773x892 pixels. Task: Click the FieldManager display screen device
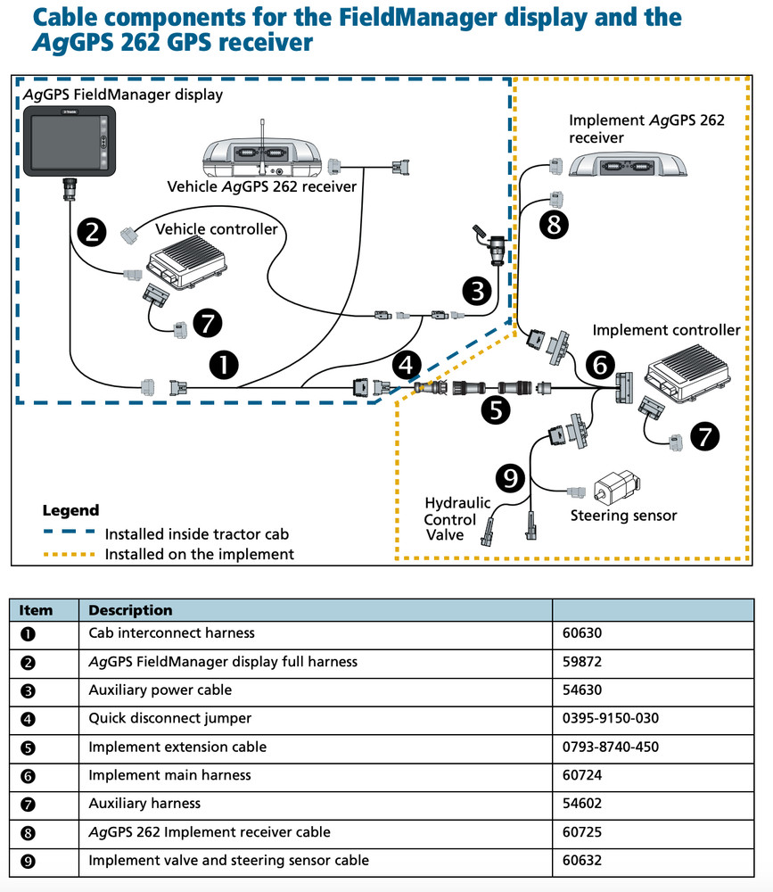pos(68,143)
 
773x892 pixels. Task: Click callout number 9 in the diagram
pos(510,480)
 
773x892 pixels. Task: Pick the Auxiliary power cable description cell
pos(160,690)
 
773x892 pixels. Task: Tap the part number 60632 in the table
pos(582,861)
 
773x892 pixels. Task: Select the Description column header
pos(130,611)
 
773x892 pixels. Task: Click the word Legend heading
pos(70,511)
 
